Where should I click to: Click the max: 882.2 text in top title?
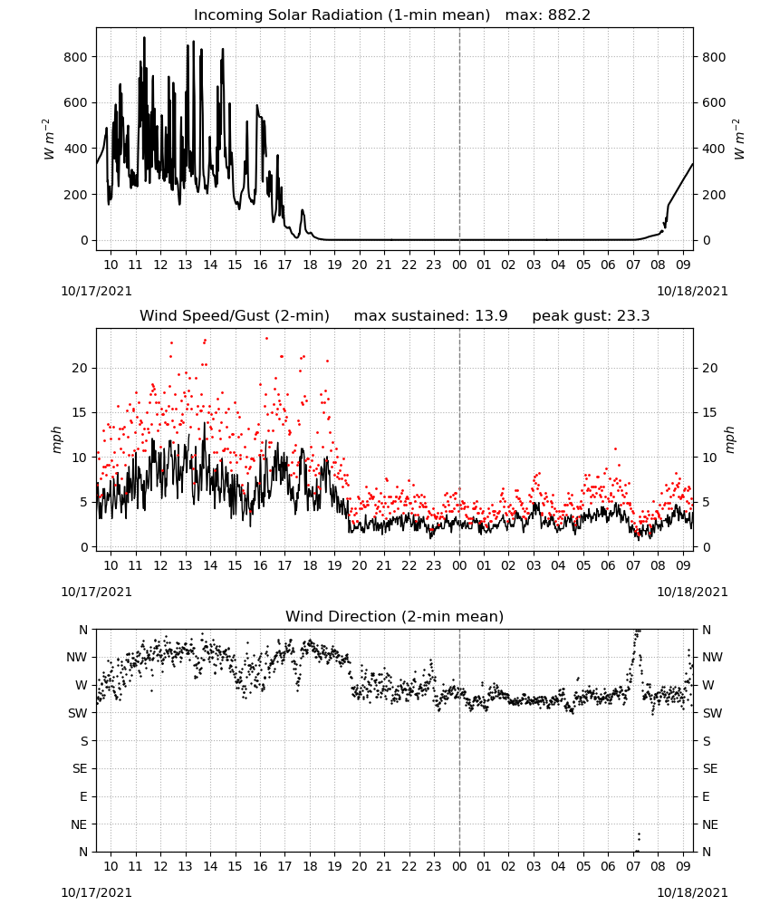coord(548,15)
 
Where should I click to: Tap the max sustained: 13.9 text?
coord(430,316)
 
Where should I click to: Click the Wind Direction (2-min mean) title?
coord(395,616)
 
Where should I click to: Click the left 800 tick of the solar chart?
coord(76,57)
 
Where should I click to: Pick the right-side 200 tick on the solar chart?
coord(714,195)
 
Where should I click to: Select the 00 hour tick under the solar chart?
coord(459,265)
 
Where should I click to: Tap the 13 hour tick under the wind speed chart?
coord(185,565)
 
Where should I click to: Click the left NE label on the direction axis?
coord(79,824)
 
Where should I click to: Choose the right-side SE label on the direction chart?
coord(710,768)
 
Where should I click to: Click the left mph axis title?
coord(56,439)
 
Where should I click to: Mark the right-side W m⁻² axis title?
coord(739,140)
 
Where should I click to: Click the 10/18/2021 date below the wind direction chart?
coord(692,892)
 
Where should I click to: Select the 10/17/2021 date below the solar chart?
coord(96,291)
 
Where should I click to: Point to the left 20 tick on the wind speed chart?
coord(80,368)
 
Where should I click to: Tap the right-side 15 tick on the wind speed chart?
coord(709,412)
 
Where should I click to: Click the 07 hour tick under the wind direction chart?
coord(633,867)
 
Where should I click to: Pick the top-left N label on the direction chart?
coord(83,630)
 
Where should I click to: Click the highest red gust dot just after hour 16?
coord(266,339)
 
